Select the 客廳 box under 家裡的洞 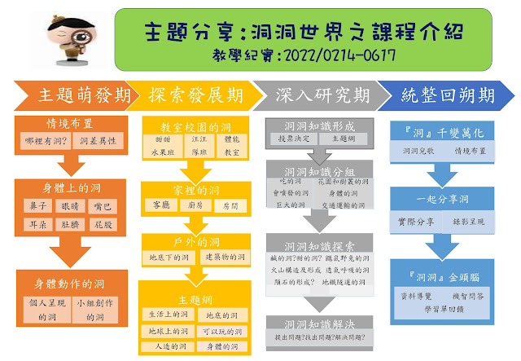click(160, 207)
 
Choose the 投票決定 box click(291, 139)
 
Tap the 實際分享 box click(418, 222)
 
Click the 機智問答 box click(471, 294)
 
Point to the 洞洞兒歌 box click(418, 152)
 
